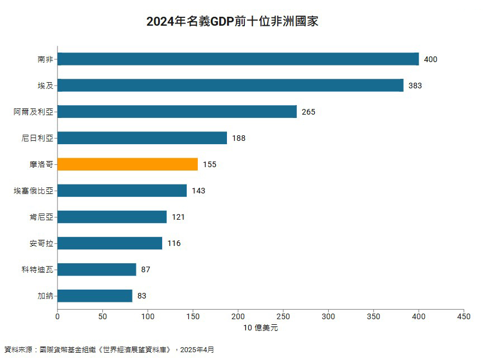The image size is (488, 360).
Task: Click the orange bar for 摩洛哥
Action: click(x=127, y=164)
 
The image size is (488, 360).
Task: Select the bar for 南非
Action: click(x=238, y=59)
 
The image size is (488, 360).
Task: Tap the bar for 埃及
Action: click(x=230, y=86)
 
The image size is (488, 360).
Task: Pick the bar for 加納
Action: click(x=94, y=296)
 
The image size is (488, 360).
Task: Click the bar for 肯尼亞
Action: click(x=112, y=217)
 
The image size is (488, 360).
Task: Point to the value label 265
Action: click(x=309, y=112)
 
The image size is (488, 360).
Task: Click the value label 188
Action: click(x=239, y=138)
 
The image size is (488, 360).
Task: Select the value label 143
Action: click(x=198, y=191)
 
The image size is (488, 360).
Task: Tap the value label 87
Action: click(x=146, y=269)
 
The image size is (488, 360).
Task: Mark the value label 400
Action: click(x=430, y=59)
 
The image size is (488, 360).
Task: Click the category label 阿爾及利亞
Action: click(x=34, y=112)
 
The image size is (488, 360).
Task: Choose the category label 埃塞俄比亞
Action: click(x=34, y=191)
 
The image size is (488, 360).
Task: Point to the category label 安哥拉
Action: click(x=41, y=243)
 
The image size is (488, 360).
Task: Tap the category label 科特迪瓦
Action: click(x=37, y=269)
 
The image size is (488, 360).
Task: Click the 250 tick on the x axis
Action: click(x=283, y=316)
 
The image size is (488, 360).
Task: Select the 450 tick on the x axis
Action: click(x=463, y=316)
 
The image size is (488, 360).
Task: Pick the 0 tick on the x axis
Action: click(x=58, y=316)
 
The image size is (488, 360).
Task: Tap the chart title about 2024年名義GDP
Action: click(x=232, y=22)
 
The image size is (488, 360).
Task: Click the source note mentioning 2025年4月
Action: click(x=109, y=350)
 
